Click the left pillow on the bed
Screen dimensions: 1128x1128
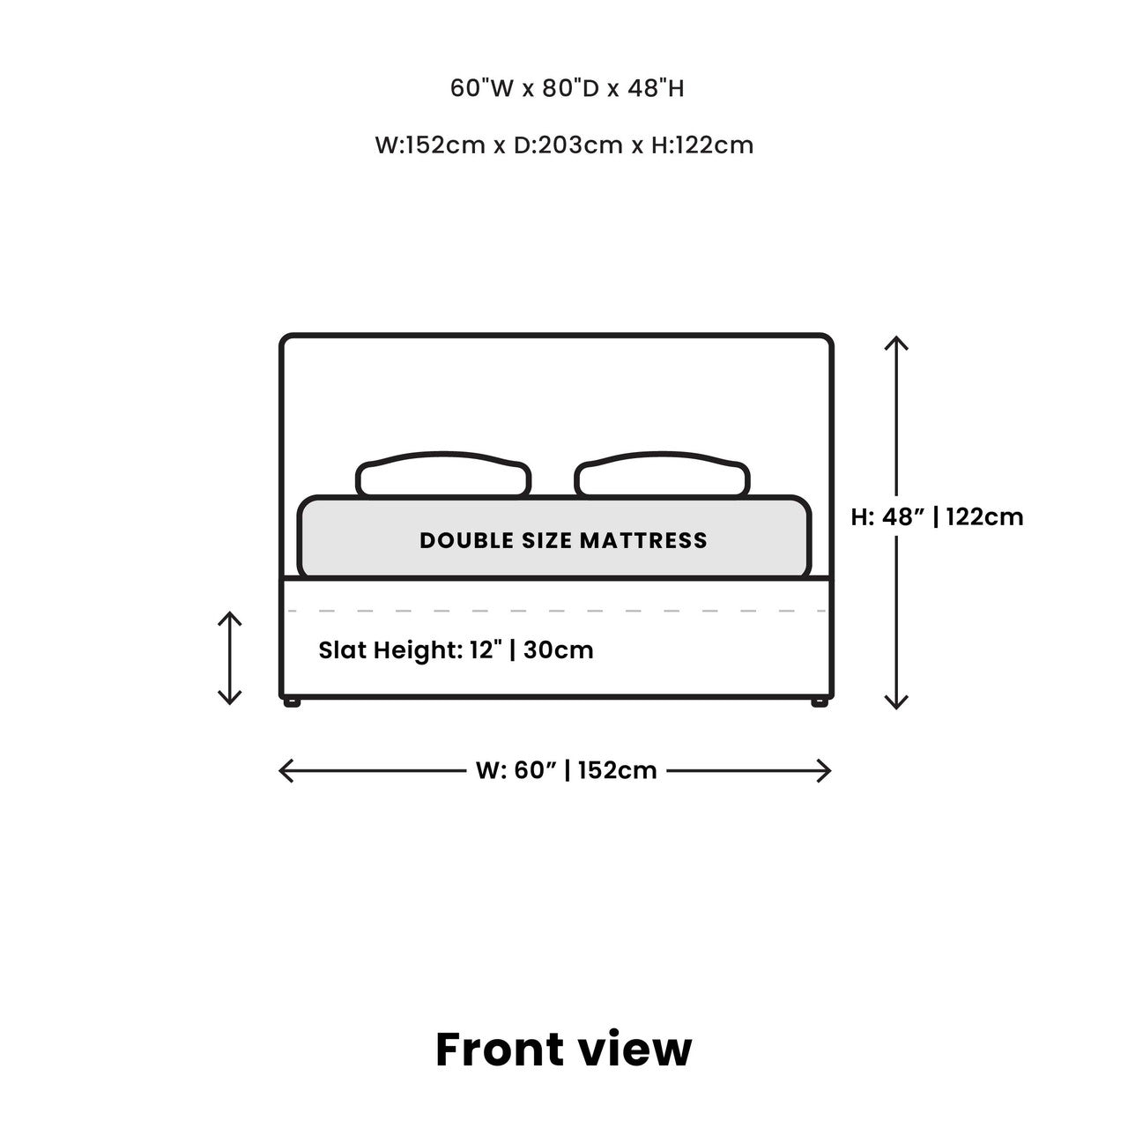443,473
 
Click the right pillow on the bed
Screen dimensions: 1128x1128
662,473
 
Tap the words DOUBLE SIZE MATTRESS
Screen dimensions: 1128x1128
563,540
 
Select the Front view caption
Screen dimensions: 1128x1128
564,1050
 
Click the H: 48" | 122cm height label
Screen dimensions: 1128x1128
937,517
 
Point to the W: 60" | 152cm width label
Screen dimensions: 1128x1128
566,770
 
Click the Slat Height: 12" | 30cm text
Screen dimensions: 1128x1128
456,649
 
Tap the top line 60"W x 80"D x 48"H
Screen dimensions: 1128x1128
567,88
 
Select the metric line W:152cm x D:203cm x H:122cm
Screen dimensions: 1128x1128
564,145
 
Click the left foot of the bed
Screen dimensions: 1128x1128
292,702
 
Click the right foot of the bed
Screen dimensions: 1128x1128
820,702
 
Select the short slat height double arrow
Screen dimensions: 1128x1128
229,658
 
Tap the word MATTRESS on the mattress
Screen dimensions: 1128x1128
643,540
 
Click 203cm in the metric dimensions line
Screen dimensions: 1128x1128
580,145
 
